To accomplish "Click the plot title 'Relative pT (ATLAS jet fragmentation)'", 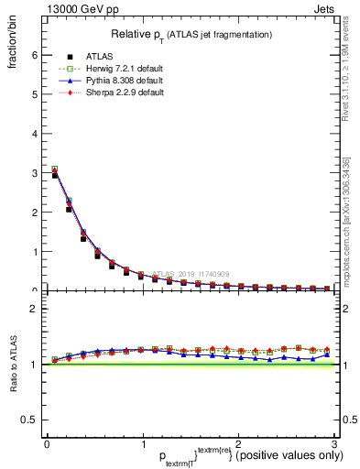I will pos(191,34).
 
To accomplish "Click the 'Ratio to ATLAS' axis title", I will pos(13,364).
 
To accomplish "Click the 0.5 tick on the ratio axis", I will pos(28,420).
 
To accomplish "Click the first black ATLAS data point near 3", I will pos(54,174).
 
